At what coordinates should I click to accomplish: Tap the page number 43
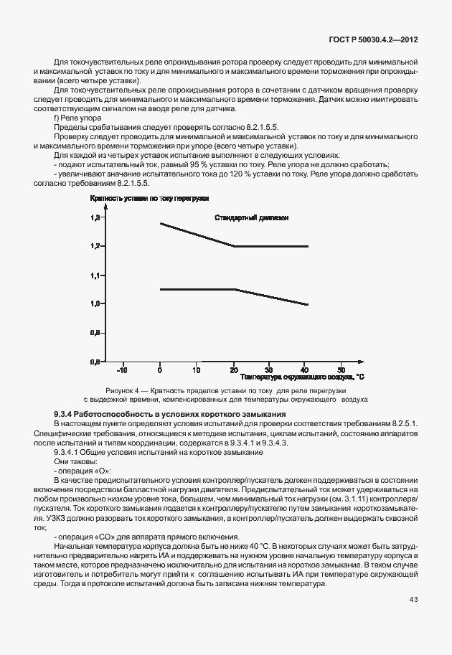click(413, 600)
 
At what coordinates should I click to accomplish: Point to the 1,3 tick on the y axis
click(95, 217)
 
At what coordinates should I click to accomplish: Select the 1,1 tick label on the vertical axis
click(95, 275)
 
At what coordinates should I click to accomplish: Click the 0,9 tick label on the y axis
click(95, 333)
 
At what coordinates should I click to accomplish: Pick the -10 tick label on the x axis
click(122, 370)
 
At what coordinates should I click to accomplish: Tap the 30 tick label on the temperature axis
click(268, 370)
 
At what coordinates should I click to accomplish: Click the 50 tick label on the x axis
click(342, 370)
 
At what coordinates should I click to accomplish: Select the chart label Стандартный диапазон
click(251, 218)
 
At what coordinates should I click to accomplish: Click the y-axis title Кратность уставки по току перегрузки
click(149, 198)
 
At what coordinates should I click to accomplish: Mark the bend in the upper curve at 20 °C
click(234, 246)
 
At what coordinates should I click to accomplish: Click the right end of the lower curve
click(308, 305)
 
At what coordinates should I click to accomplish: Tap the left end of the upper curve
click(160, 223)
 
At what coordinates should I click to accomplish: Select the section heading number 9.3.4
click(64, 415)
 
